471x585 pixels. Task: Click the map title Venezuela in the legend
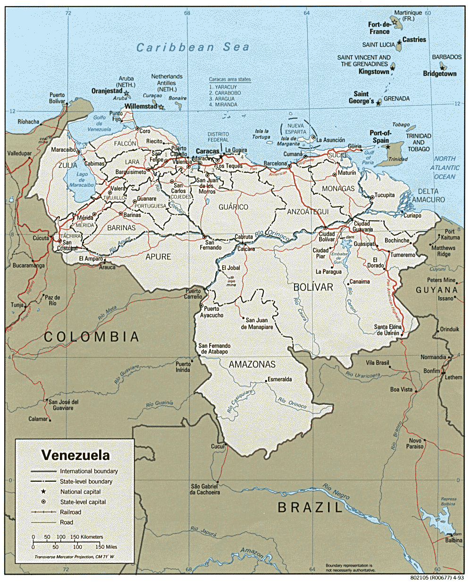pyautogui.click(x=76, y=455)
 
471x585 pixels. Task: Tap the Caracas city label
pyautogui.click(x=207, y=151)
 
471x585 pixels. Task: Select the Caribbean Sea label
pyautogui.click(x=193, y=47)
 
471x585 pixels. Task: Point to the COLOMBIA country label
pyautogui.click(x=92, y=337)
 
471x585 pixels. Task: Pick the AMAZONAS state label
pyautogui.click(x=252, y=364)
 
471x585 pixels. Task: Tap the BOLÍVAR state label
pyautogui.click(x=313, y=287)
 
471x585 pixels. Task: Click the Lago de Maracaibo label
pyautogui.click(x=82, y=180)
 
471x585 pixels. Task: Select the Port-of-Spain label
pyautogui.click(x=380, y=137)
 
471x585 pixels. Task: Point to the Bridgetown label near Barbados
pyautogui.click(x=439, y=74)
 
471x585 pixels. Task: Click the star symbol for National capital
pyautogui.click(x=43, y=492)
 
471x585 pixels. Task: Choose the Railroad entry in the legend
pyautogui.click(x=70, y=512)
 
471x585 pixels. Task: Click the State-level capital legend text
pyautogui.click(x=83, y=502)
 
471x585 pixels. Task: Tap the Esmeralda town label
pyautogui.click(x=279, y=379)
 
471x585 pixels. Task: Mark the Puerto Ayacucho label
pyautogui.click(x=211, y=312)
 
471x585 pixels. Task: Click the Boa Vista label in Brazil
pyautogui.click(x=401, y=390)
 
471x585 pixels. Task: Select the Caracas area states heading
pyautogui.click(x=230, y=79)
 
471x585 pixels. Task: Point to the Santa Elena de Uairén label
pyautogui.click(x=387, y=330)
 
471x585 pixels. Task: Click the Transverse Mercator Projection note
pyautogui.click(x=74, y=557)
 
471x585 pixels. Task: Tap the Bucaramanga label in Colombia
pyautogui.click(x=28, y=266)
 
